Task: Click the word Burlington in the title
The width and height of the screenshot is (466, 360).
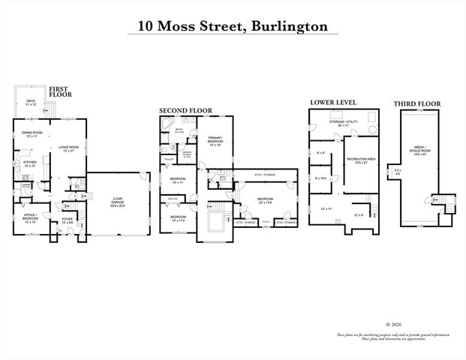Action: [x=290, y=26]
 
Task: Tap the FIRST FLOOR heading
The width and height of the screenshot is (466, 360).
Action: [x=61, y=92]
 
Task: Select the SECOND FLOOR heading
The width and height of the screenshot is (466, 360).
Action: [x=185, y=110]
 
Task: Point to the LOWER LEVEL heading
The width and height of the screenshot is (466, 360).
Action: [x=333, y=102]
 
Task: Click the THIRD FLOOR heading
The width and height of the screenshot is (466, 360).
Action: [x=417, y=103]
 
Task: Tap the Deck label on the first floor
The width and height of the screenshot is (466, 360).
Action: [x=31, y=102]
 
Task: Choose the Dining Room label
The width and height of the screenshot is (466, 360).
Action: [x=31, y=136]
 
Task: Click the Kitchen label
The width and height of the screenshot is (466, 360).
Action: [x=29, y=163]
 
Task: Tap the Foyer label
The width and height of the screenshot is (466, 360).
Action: [x=67, y=220]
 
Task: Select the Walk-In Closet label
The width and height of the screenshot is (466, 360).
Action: [x=186, y=154]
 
